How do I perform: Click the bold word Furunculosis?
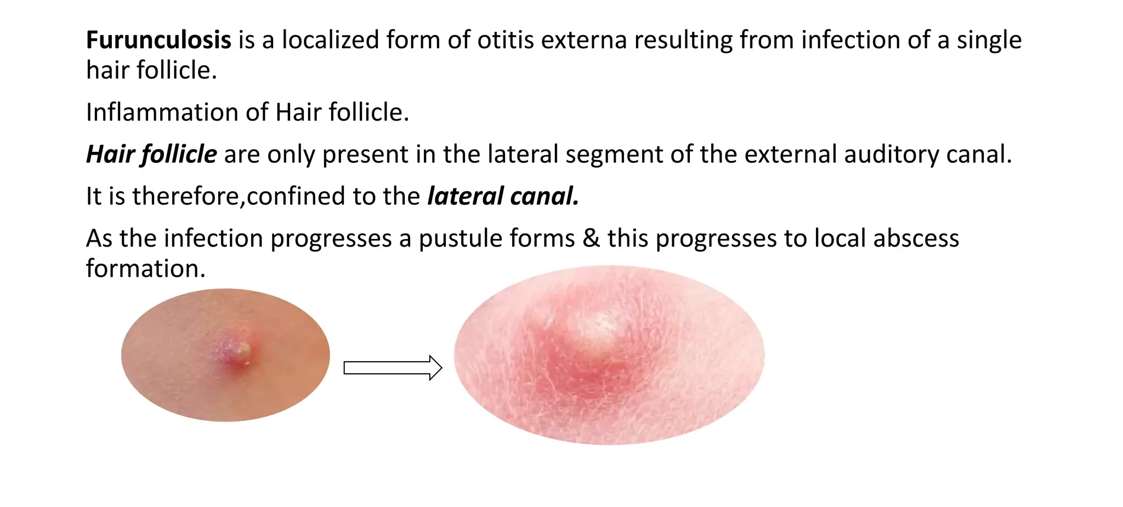point(158,40)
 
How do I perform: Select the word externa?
point(583,40)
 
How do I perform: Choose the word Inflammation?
point(162,112)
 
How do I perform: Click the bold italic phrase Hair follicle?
point(151,154)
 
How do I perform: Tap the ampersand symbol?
point(591,238)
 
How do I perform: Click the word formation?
point(145,269)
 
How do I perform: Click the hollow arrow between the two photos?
point(393,368)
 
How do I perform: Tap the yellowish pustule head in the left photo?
point(242,350)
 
